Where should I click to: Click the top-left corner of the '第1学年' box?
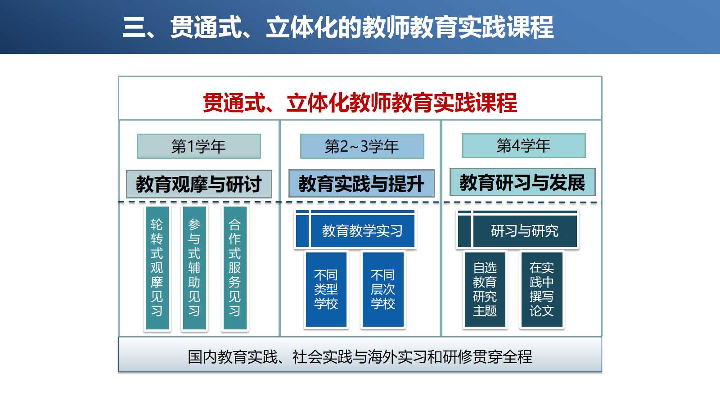137,134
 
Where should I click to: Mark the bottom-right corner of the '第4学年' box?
585,157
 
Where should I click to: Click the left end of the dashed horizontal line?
119,202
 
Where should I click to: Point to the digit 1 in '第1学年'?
190,147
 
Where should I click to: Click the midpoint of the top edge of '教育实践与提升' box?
362,170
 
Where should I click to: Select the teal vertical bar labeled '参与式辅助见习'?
194,268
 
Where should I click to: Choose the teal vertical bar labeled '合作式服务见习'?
235,268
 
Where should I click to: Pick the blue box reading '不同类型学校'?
326,290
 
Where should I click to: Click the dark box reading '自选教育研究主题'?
485,290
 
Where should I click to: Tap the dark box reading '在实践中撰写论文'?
542,290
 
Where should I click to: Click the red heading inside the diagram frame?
360,103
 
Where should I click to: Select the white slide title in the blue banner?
338,27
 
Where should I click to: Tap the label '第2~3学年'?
362,147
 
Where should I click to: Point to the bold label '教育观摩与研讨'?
198,184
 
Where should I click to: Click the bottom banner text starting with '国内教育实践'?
360,357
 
